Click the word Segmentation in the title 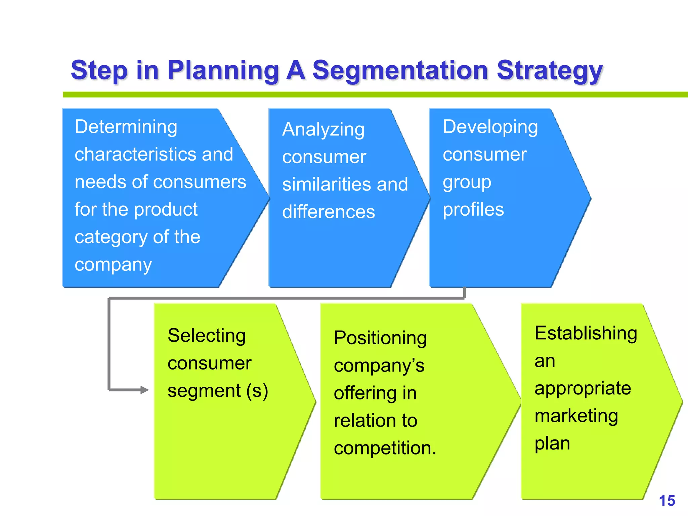click(400, 71)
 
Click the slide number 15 click(667, 501)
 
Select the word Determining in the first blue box click(126, 127)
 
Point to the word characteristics click(133, 155)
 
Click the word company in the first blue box click(113, 265)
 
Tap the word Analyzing click(323, 130)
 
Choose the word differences click(329, 212)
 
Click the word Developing click(490, 127)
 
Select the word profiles click(473, 210)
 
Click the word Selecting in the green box click(207, 336)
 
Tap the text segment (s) click(218, 391)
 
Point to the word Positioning click(380, 338)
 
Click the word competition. click(385, 448)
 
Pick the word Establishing click(586, 333)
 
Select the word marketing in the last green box click(576, 416)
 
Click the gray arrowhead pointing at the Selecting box click(144, 390)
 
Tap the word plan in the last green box click(552, 443)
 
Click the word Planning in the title click(223, 71)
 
